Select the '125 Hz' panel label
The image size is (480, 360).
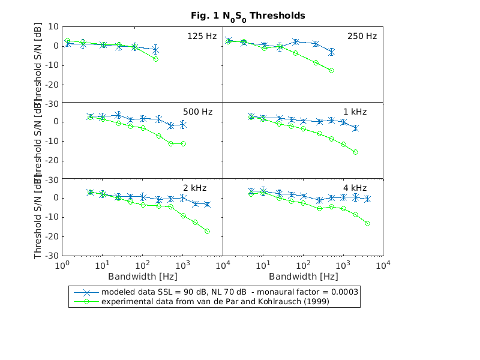pyautogui.click(x=202, y=36)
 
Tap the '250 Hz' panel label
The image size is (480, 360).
pyautogui.click(x=362, y=36)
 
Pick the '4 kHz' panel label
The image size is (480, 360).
pyautogui.click(x=364, y=188)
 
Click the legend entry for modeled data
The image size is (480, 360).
pyautogui.click(x=230, y=292)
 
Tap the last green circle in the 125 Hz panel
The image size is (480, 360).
pyautogui.click(x=155, y=59)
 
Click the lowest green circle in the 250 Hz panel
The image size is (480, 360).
pyautogui.click(x=332, y=71)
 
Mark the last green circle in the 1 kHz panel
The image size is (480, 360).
pyautogui.click(x=356, y=152)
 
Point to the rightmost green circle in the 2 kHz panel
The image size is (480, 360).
pyautogui.click(x=207, y=231)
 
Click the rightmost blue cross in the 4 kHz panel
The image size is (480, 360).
pyautogui.click(x=367, y=199)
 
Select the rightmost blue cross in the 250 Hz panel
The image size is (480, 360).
pyautogui.click(x=332, y=52)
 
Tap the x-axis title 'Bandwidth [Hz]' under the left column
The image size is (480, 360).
pyautogui.click(x=142, y=277)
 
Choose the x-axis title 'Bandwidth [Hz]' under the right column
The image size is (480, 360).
pyautogui.click(x=303, y=277)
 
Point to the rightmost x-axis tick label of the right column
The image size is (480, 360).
pyautogui.click(x=383, y=265)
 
